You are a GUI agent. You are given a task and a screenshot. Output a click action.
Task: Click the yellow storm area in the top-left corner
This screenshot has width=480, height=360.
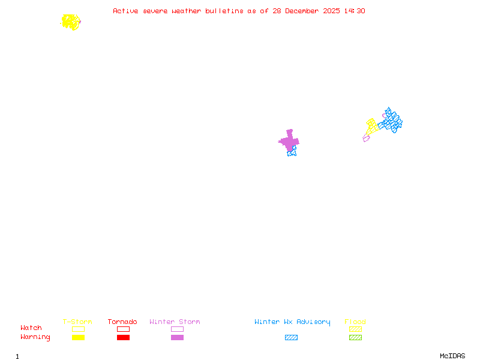[x=71, y=22]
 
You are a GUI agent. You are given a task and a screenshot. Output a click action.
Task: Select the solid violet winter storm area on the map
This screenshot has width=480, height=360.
[x=289, y=141]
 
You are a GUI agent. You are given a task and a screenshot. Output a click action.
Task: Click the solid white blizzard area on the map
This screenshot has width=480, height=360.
[x=281, y=149]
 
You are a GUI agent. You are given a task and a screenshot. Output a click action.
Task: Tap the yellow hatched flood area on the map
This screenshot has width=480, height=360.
[x=371, y=126]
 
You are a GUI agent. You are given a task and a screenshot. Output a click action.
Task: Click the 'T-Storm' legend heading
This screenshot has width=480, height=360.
[x=77, y=322]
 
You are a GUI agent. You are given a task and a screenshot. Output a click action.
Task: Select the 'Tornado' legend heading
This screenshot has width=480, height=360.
[x=122, y=322]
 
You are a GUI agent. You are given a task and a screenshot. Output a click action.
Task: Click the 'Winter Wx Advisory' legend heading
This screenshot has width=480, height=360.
[x=292, y=322]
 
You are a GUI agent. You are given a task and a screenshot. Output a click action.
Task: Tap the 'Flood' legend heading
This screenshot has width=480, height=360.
[x=355, y=322]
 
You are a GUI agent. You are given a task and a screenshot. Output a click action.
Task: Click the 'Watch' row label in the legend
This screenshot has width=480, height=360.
[x=31, y=328]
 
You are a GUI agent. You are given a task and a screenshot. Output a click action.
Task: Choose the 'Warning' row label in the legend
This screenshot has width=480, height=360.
[x=35, y=337]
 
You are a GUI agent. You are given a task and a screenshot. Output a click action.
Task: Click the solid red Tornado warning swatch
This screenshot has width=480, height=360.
[x=123, y=338]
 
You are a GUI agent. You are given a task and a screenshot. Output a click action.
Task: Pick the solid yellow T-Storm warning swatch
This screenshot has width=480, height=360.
[x=78, y=338]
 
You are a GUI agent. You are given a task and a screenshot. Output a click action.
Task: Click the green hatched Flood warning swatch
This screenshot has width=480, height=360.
[x=355, y=338]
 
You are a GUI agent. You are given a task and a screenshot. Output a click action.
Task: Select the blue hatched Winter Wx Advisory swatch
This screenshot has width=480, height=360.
[x=291, y=338]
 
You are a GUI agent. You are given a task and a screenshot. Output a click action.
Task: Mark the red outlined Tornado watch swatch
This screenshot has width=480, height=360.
[x=123, y=329]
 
